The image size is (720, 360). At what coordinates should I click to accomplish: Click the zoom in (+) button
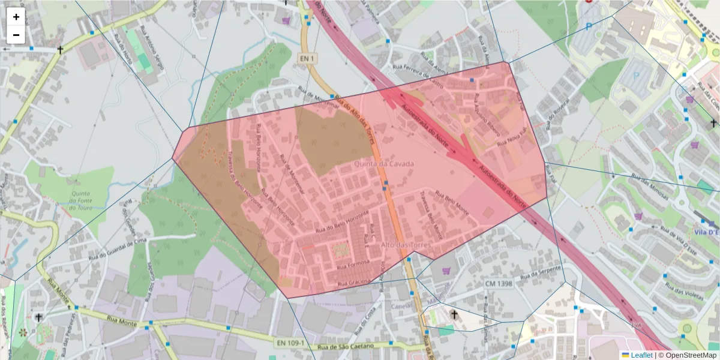(16, 17)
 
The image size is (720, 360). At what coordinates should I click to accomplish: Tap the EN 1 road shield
(307, 58)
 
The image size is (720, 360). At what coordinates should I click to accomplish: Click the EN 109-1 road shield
(291, 343)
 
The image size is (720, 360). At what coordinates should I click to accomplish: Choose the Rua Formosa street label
(352, 264)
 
